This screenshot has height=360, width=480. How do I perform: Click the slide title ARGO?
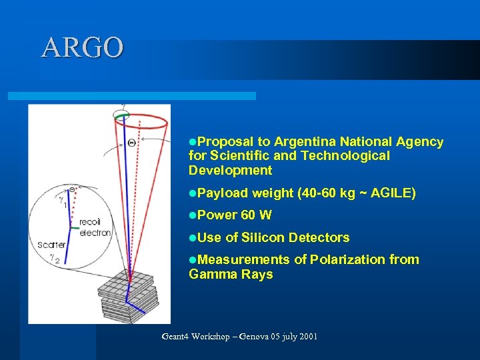tap(82, 48)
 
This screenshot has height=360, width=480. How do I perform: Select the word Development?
tap(230, 171)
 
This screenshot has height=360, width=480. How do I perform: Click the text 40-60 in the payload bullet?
tap(319, 193)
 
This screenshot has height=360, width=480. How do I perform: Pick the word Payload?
tap(223, 193)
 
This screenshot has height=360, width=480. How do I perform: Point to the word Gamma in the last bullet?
tap(209, 274)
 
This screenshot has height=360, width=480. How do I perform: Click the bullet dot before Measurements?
tap(193, 259)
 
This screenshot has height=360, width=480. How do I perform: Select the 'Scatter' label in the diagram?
tap(51, 245)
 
